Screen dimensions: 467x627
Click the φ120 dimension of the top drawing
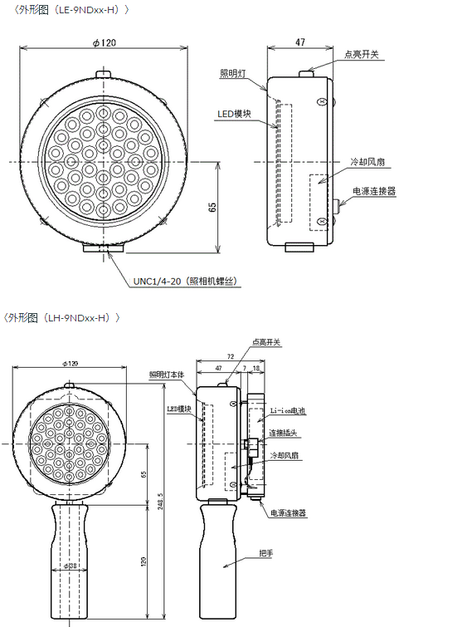tap(105, 43)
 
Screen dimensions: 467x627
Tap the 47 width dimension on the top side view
tap(300, 42)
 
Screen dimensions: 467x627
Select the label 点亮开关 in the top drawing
tap(361, 54)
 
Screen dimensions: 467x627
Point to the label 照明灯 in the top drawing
tap(233, 73)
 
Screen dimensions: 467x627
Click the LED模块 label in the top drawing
tap(234, 114)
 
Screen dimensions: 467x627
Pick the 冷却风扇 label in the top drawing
tap(367, 162)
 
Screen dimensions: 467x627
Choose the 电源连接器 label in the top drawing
tap(374, 191)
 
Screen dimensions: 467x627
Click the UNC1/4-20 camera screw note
tap(185, 281)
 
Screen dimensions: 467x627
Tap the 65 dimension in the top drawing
tap(212, 207)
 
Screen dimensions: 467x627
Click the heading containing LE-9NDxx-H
tap(71, 10)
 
